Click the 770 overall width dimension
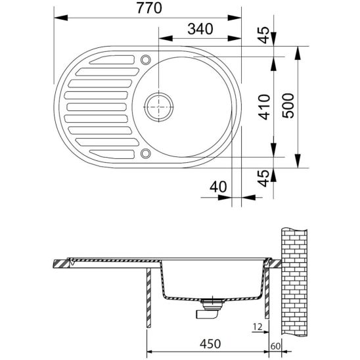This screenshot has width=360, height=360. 150,8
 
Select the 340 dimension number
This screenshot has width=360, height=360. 200,29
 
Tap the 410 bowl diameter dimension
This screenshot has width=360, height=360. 264,107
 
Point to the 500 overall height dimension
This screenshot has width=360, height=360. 288,106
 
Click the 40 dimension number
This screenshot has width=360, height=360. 218,187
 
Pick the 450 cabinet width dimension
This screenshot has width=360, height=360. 210,344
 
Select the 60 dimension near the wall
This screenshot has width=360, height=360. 275,346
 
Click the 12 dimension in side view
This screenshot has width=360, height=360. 258,326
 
